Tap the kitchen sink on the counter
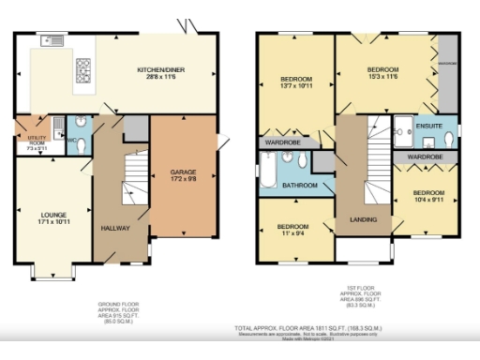52,41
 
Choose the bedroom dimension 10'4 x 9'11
427,199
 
